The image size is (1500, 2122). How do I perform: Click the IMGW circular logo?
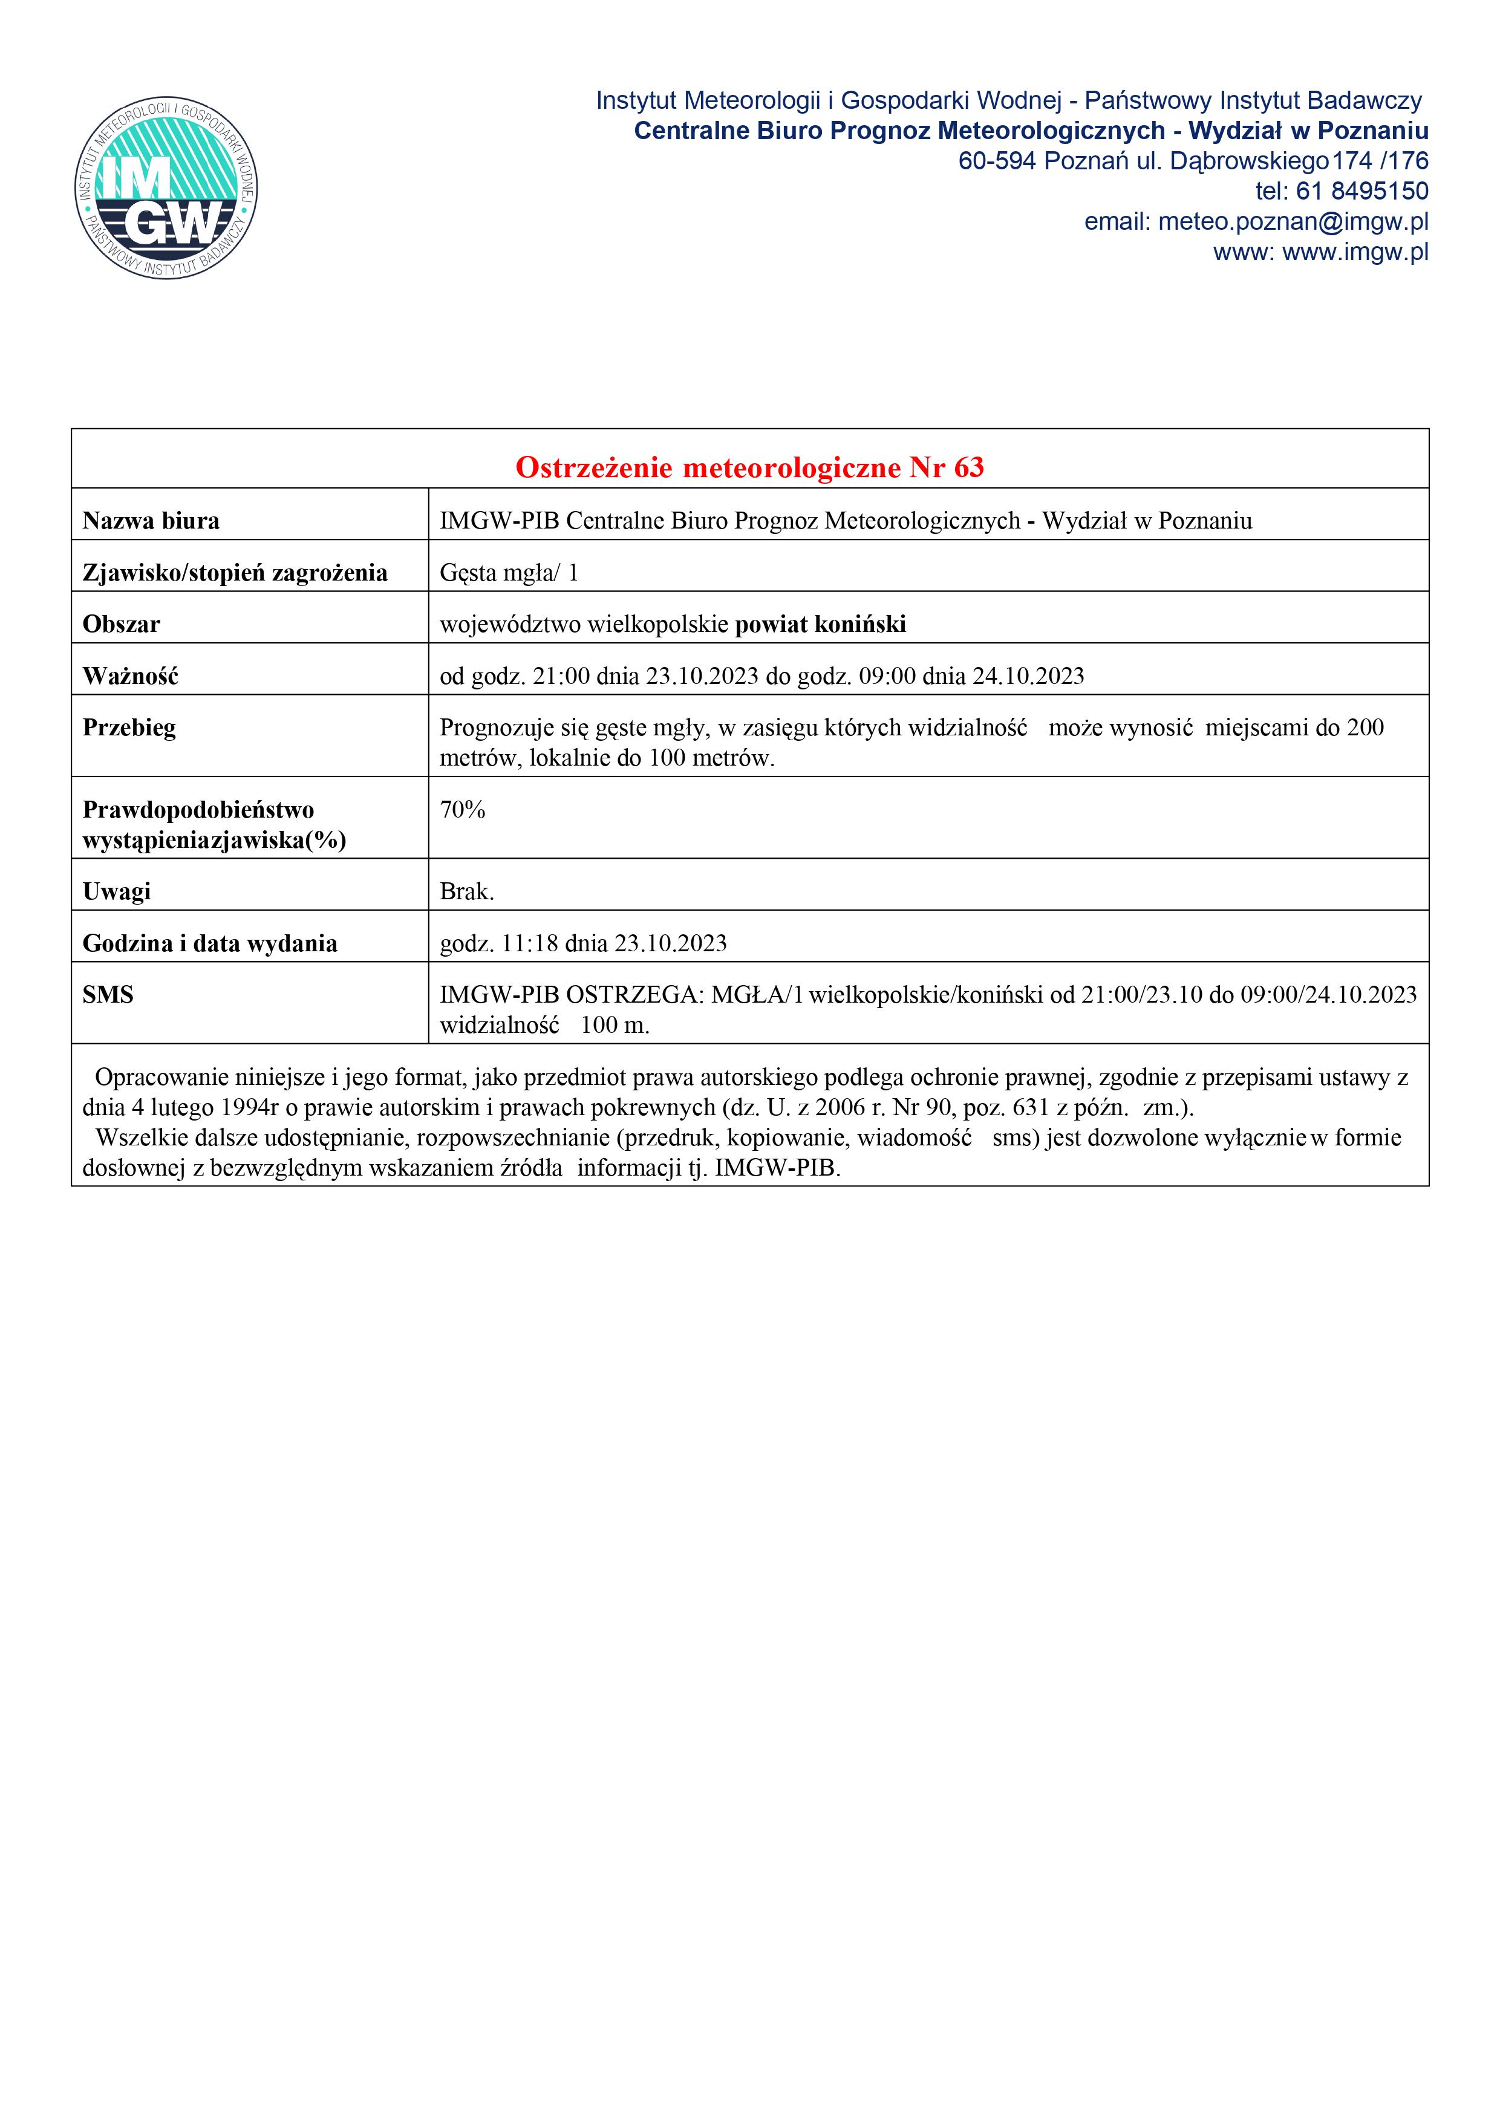pos(166,189)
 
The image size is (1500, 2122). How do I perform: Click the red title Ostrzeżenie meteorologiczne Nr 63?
pos(749,467)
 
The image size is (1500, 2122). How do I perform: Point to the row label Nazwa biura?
pos(151,521)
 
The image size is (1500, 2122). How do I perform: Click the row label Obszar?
pos(121,625)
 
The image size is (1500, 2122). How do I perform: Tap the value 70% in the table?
pos(462,810)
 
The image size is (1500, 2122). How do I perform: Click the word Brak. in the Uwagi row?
pos(467,892)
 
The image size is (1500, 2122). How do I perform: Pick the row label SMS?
pos(108,995)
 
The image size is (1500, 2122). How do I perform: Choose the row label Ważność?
pos(130,677)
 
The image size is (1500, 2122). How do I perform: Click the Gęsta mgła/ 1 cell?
pos(508,573)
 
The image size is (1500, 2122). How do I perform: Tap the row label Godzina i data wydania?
pos(210,943)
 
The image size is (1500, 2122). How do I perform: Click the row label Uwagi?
pos(117,892)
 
